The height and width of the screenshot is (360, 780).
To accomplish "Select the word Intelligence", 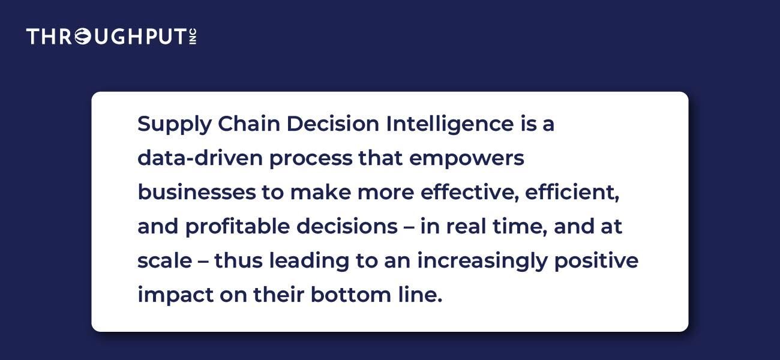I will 449,125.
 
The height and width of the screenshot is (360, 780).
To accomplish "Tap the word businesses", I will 197,193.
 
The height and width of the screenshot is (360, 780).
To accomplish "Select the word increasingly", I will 482,262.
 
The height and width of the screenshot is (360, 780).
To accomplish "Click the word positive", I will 596,262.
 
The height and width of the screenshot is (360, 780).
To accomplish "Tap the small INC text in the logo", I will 193,37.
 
